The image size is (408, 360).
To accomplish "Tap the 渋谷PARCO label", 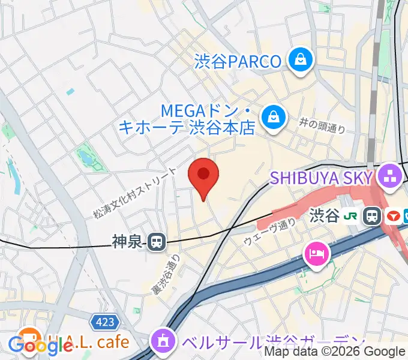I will tap(238, 61).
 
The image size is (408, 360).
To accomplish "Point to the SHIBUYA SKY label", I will tap(322, 177).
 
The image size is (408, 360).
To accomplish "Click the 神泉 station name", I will tap(127, 242).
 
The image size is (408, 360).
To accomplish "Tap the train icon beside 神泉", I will tap(157, 242).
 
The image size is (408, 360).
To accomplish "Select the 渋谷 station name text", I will tap(325, 216).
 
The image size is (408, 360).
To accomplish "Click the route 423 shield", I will tap(104, 323).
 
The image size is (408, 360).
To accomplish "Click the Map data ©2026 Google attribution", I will tap(335, 352).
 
